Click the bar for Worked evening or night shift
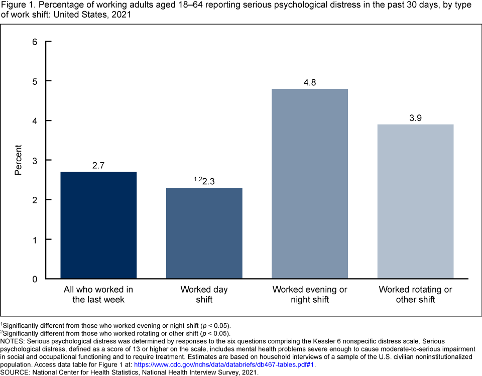coord(310,183)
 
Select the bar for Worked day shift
coord(204,233)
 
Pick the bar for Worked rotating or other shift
coord(415,201)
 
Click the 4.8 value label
coord(310,81)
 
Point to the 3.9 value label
coord(415,117)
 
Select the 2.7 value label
coord(98,165)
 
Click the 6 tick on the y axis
coord(35,42)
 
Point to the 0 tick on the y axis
coord(35,279)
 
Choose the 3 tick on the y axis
coord(35,161)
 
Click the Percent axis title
coord(19,160)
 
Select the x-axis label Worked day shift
coord(204,295)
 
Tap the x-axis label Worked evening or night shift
coord(310,295)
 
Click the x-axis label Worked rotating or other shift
coord(415,295)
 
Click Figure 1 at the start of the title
coord(18,6)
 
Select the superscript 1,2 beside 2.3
coord(198,179)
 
